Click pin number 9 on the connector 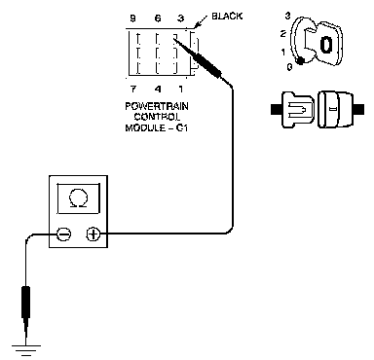(x=132, y=18)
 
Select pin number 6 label (x=158, y=18)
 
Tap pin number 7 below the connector (x=133, y=89)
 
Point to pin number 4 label (x=158, y=89)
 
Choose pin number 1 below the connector (x=180, y=89)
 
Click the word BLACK (x=227, y=16)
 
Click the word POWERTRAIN (x=157, y=106)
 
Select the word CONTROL (x=157, y=117)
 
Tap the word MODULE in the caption (x=145, y=127)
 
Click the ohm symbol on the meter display (x=78, y=198)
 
